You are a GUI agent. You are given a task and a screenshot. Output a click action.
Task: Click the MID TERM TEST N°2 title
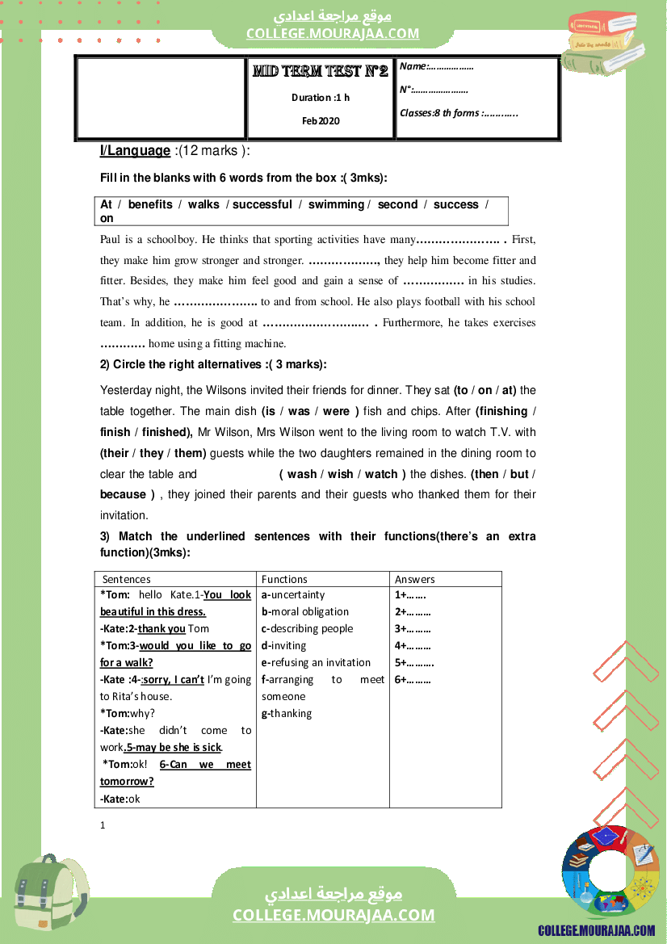click(321, 72)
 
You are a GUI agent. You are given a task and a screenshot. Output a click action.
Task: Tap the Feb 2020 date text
click(321, 121)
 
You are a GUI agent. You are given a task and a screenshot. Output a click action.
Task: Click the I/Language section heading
click(135, 151)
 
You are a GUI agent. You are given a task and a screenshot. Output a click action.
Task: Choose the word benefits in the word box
click(150, 204)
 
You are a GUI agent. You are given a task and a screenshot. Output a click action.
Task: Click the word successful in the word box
click(262, 204)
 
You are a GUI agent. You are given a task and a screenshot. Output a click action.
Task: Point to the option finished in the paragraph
click(166, 432)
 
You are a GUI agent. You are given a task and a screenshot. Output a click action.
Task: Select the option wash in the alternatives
click(302, 474)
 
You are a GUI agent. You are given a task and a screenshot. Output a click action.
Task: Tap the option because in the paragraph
click(124, 494)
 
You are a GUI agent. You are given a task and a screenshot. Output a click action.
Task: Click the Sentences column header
click(127, 579)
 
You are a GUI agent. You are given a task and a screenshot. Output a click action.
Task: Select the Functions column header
click(284, 579)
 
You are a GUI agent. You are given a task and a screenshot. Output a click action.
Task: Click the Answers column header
click(415, 579)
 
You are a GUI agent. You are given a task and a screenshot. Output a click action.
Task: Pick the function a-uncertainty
click(293, 595)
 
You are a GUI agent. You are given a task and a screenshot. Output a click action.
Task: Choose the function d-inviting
click(284, 645)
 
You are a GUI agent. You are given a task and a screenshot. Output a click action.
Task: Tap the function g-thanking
click(287, 713)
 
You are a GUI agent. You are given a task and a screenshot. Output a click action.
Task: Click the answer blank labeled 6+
click(413, 680)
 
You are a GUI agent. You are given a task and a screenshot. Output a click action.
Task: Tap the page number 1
click(103, 825)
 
